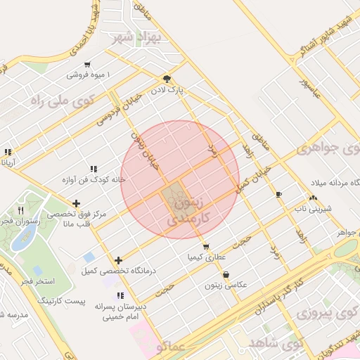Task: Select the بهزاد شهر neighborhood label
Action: pyautogui.click(x=140, y=36)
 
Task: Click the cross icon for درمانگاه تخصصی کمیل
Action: pyautogui.click(x=118, y=260)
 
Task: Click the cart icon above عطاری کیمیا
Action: pyautogui.click(x=205, y=247)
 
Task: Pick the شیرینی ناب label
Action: pyautogui.click(x=311, y=208)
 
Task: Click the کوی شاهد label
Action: pyautogui.click(x=275, y=343)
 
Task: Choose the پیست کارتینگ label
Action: pyautogui.click(x=82, y=301)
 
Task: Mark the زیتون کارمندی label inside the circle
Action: pyautogui.click(x=186, y=212)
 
